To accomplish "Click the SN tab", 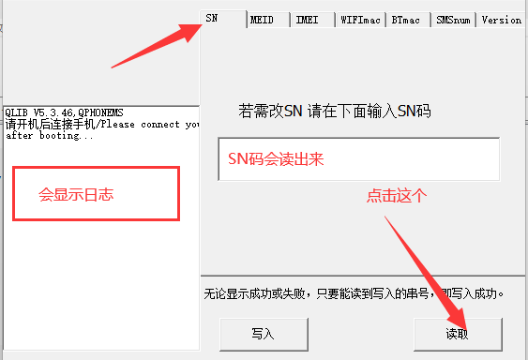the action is [223, 19].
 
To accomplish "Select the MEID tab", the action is [268, 21].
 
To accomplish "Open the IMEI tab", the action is [312, 21].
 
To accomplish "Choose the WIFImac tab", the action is [360, 21].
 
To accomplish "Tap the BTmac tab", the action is [409, 21].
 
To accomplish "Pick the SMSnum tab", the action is [453, 21].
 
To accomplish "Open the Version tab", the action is [502, 21].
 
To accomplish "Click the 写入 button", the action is [264, 334].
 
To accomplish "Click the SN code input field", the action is [359, 159].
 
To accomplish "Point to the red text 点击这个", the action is [397, 196].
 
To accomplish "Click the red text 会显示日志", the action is [76, 195].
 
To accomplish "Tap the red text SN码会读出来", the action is [276, 158].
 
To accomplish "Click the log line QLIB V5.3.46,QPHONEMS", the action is [64, 112].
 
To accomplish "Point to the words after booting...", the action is [50, 136].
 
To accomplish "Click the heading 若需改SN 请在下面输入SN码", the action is [335, 111].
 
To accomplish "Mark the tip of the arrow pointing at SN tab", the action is [203, 23].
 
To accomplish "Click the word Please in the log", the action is [117, 125].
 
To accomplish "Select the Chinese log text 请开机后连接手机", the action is [50, 125].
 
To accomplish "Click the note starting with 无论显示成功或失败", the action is [354, 294].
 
